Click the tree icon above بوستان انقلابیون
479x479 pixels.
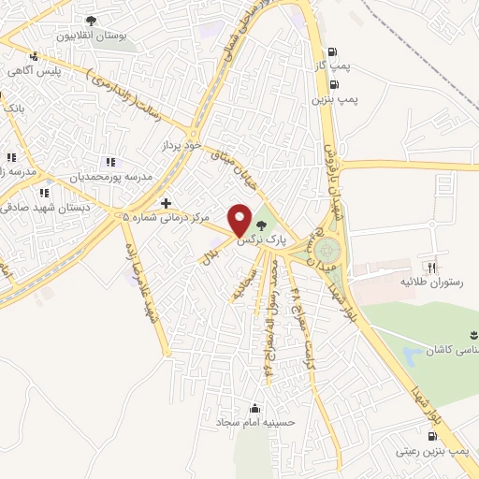coord(91,22)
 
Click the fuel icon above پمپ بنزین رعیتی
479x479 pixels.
coord(431,437)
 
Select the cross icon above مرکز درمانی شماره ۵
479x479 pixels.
coord(167,202)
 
